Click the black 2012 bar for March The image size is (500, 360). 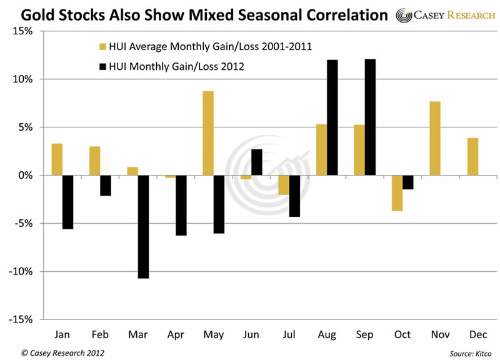(143, 226)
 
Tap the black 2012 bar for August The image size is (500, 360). (332, 117)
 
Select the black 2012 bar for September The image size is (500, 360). (370, 117)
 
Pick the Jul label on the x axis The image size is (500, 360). (289, 335)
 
